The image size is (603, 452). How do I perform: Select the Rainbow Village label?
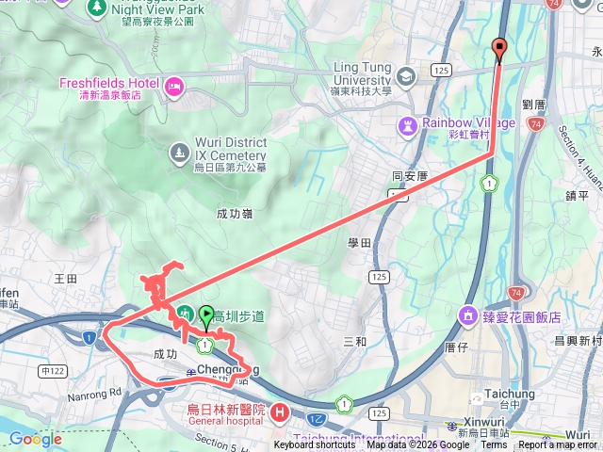pyautogui.click(x=468, y=122)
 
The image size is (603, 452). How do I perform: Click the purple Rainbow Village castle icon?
pyautogui.click(x=407, y=123)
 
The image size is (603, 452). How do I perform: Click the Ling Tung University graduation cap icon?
pyautogui.click(x=407, y=76)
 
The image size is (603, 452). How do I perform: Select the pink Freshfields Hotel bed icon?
pyautogui.click(x=173, y=88)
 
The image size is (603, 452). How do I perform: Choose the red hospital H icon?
pyautogui.click(x=279, y=412)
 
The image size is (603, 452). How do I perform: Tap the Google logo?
pyautogui.click(x=36, y=439)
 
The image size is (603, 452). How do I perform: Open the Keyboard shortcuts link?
pyautogui.click(x=315, y=445)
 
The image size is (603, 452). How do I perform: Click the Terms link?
pyautogui.click(x=493, y=445)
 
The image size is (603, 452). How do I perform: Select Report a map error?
pyautogui.click(x=559, y=445)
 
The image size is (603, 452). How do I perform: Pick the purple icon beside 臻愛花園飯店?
pyautogui.click(x=467, y=316)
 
